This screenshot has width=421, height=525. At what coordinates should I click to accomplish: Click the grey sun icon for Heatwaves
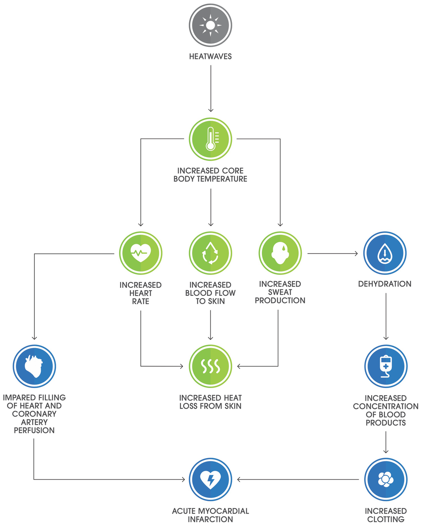point(210,25)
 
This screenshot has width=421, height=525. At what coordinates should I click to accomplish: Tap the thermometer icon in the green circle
point(210,139)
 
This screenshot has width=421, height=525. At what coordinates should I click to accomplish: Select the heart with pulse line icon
point(140,253)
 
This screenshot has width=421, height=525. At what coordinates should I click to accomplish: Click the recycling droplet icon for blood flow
point(210,253)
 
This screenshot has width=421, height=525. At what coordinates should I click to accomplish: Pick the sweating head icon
point(280,253)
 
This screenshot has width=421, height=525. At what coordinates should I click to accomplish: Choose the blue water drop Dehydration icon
point(385,253)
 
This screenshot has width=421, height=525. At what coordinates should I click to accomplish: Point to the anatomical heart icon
point(34,366)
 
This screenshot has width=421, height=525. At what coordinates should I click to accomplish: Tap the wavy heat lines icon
point(210,366)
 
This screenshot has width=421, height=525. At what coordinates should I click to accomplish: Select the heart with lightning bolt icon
point(210,479)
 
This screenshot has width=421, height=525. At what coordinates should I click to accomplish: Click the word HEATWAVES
point(210,57)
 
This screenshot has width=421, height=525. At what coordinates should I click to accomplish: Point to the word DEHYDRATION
point(385,284)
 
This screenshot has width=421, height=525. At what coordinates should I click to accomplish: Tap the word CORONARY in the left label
point(34,414)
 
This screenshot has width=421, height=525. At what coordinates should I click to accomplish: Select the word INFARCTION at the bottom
point(210,519)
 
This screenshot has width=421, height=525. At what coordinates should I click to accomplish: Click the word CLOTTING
point(386,519)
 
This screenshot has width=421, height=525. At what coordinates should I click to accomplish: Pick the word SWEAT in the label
point(280,292)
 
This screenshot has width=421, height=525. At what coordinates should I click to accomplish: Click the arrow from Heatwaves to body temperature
point(211,89)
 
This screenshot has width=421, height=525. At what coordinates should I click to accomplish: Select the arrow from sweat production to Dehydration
point(332,253)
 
